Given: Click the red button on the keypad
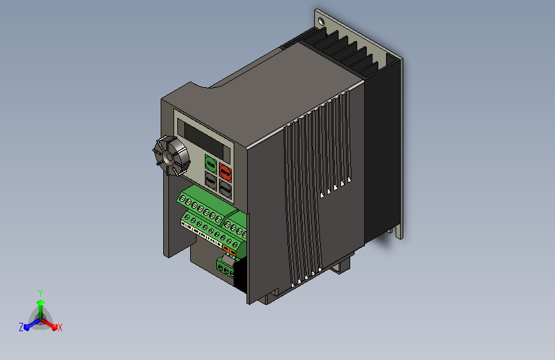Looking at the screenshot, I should point(225,172).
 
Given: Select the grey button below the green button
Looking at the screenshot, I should point(210,179).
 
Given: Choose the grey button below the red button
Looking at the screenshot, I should point(225,188).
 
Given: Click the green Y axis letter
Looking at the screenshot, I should point(40,292).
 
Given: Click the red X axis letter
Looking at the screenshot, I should point(60,327).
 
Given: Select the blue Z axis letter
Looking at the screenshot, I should point(21,327).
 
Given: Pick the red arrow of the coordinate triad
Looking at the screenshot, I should point(52,324).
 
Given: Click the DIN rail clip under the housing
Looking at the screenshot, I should point(344,263).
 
